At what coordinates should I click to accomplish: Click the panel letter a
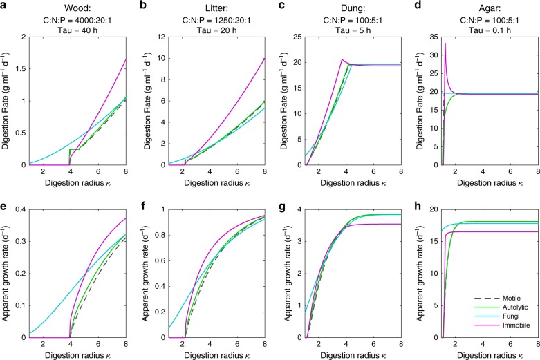click(x=4, y=5)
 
